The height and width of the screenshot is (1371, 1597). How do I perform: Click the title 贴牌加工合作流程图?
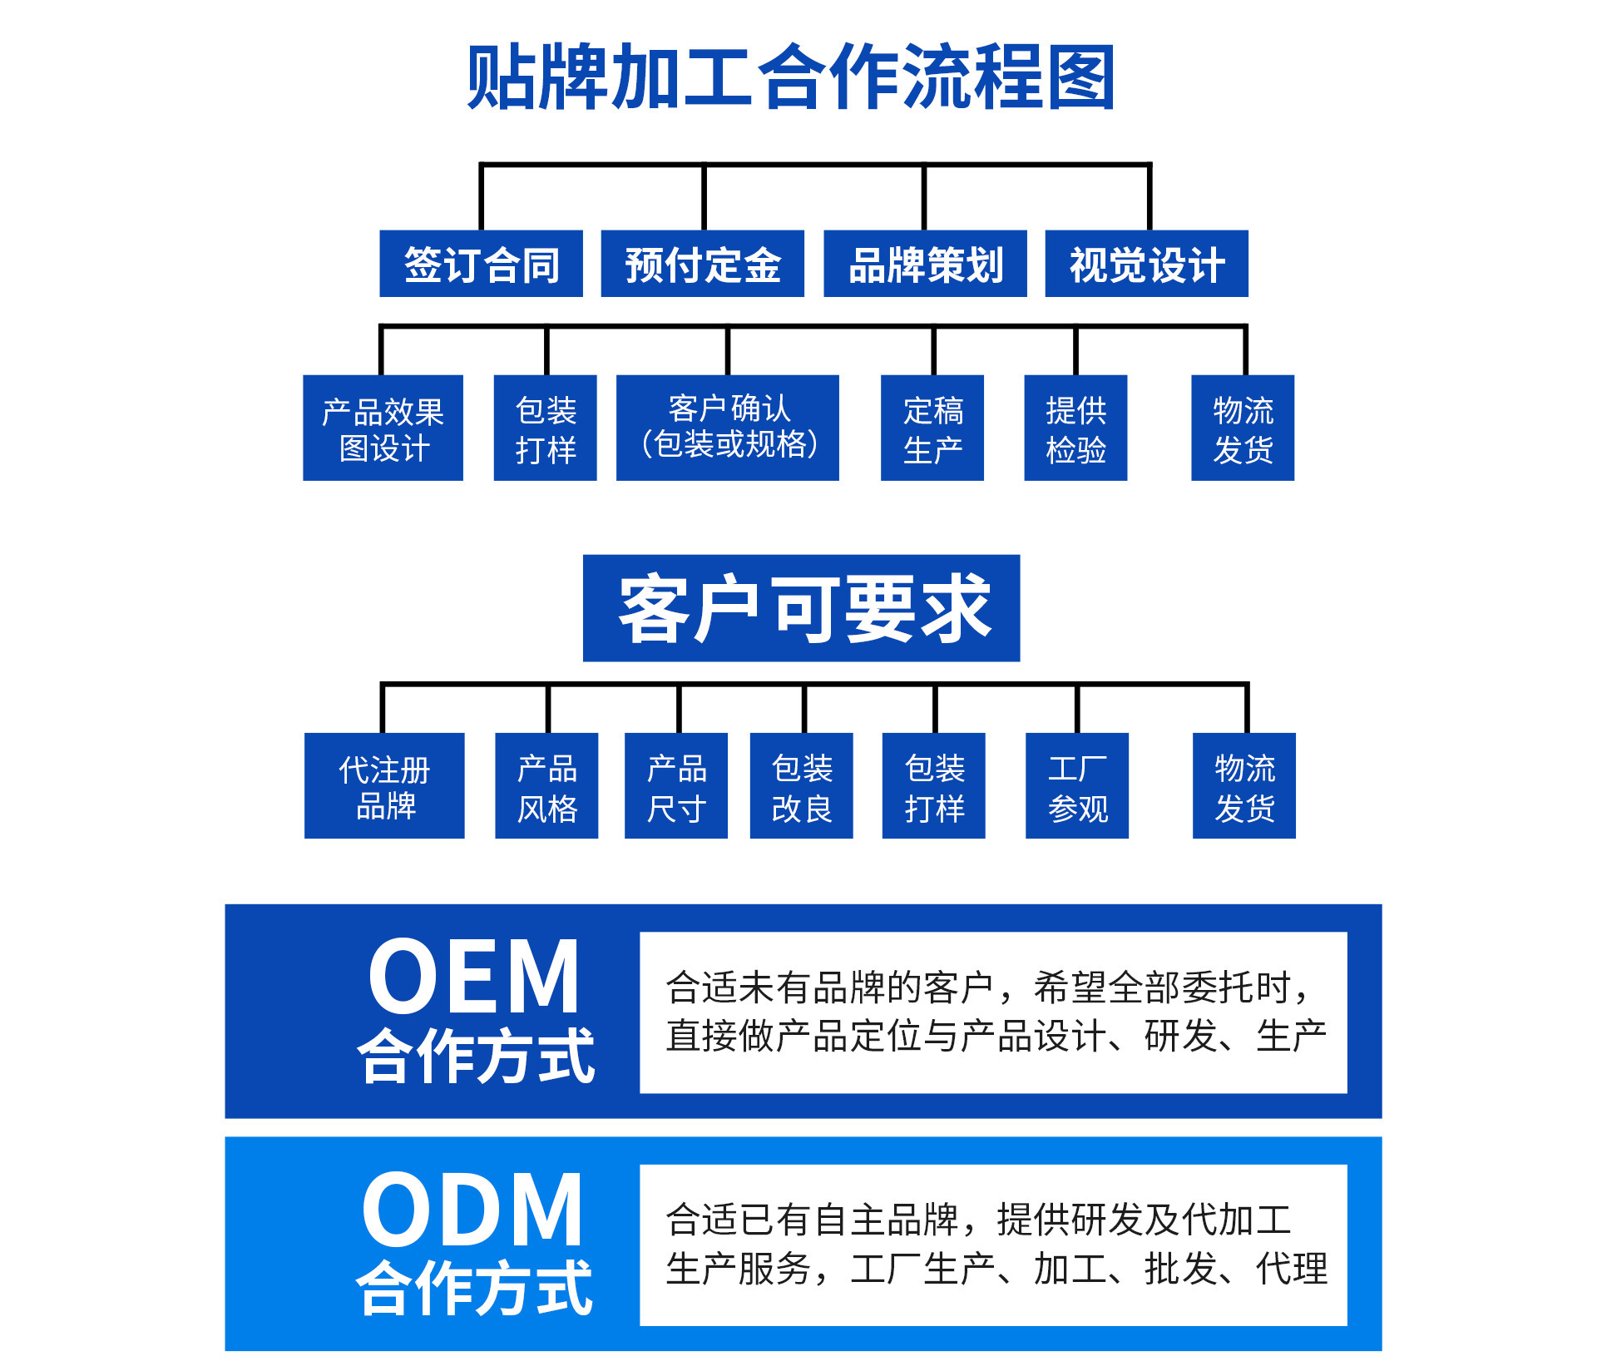coord(790,77)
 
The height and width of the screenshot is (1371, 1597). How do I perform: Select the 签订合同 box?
coord(481,264)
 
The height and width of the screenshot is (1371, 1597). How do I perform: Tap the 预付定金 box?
coord(702,264)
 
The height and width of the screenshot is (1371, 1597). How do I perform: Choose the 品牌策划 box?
coord(925,264)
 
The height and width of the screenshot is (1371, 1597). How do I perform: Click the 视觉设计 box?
coord(1146,264)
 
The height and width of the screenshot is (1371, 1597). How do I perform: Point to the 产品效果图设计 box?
coord(383,428)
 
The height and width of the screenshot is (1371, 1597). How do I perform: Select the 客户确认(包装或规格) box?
coord(727,428)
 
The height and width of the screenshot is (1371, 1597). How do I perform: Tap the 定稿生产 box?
coord(932,428)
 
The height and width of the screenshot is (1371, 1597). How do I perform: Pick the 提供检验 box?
coord(1075,428)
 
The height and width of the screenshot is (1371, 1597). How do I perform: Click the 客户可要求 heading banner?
coord(801,608)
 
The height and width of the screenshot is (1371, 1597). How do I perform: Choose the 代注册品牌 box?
coord(384,785)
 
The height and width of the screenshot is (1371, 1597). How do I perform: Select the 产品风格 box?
coord(546,785)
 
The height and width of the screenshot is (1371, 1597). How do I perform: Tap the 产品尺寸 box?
coord(676,785)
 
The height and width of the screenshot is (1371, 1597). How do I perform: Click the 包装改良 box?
coord(801,785)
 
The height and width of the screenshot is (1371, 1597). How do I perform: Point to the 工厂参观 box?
coord(1077,785)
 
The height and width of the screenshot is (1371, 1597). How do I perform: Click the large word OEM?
coord(473,975)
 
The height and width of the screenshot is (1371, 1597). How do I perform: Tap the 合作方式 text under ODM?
coord(474,1287)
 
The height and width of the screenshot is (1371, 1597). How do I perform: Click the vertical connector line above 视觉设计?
coord(1150,198)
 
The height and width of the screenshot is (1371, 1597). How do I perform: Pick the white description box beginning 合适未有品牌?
coord(993,1012)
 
